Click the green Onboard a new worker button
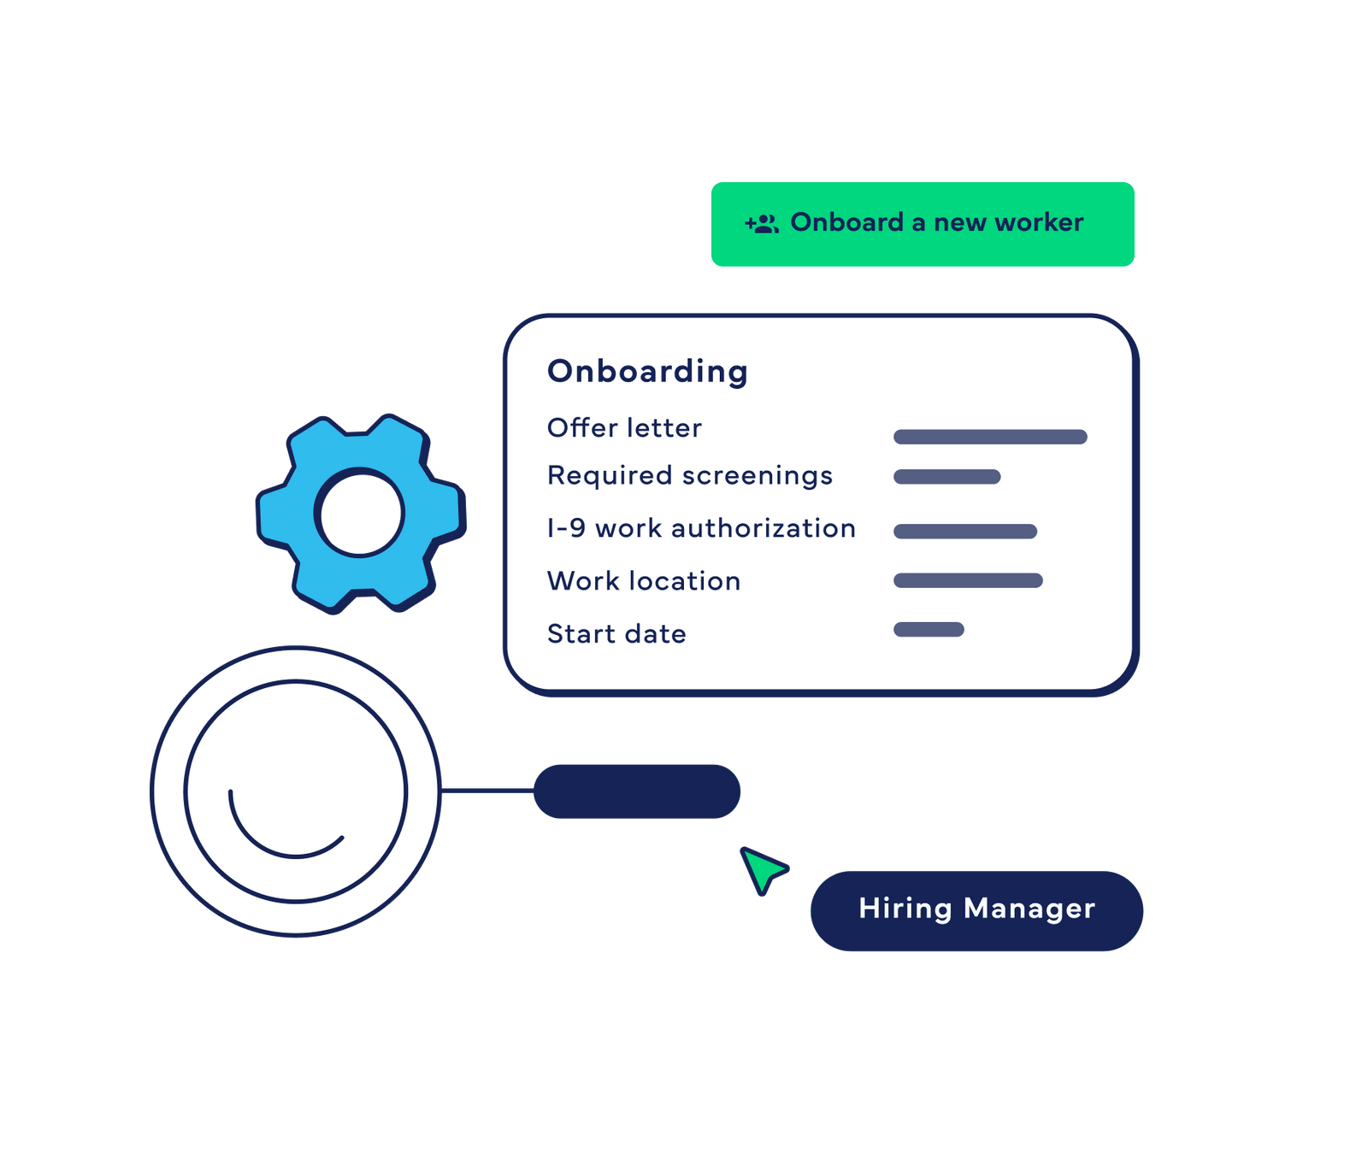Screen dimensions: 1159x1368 pos(923,224)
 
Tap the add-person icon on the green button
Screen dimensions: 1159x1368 pos(761,224)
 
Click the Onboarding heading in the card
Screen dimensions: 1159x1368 pos(647,372)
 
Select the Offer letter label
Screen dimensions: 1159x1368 pos(624,428)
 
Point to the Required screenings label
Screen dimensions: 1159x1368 pos(689,476)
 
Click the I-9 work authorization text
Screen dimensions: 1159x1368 pos(701,529)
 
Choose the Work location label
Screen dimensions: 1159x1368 pos(644,582)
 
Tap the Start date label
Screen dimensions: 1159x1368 pos(616,634)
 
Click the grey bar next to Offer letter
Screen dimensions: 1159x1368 pos(990,438)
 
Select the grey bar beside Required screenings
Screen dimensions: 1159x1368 pos(946,477)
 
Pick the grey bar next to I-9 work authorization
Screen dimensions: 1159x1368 pos(965,532)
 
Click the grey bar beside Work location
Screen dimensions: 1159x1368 pos(968,581)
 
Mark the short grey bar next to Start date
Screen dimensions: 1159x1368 pos(929,630)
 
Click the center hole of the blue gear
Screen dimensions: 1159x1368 pos(359,513)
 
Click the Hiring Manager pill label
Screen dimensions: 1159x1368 pos(976,909)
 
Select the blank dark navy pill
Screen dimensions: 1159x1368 pos(637,791)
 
